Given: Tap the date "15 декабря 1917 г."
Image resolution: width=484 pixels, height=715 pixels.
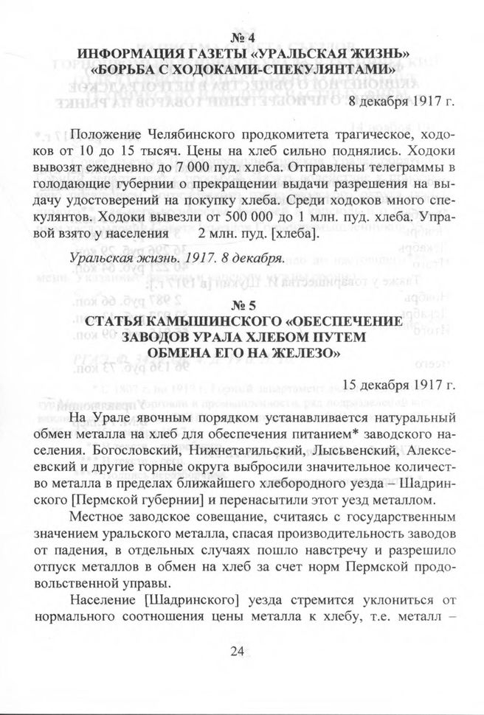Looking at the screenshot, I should coord(398,383).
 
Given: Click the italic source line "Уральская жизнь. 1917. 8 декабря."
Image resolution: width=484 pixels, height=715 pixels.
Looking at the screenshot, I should coord(176,259).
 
